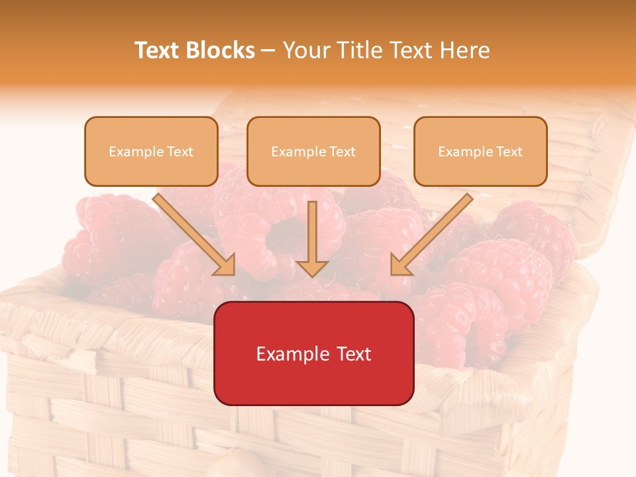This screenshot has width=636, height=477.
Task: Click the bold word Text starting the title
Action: point(158,50)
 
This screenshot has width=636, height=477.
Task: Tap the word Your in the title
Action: point(307,50)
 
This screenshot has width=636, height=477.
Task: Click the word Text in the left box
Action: point(180,152)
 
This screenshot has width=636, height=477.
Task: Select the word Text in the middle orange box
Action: point(343,152)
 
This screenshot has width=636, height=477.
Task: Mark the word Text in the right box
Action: point(509,152)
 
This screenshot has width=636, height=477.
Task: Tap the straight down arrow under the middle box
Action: point(313,238)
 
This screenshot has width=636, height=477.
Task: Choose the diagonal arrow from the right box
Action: point(431,235)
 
